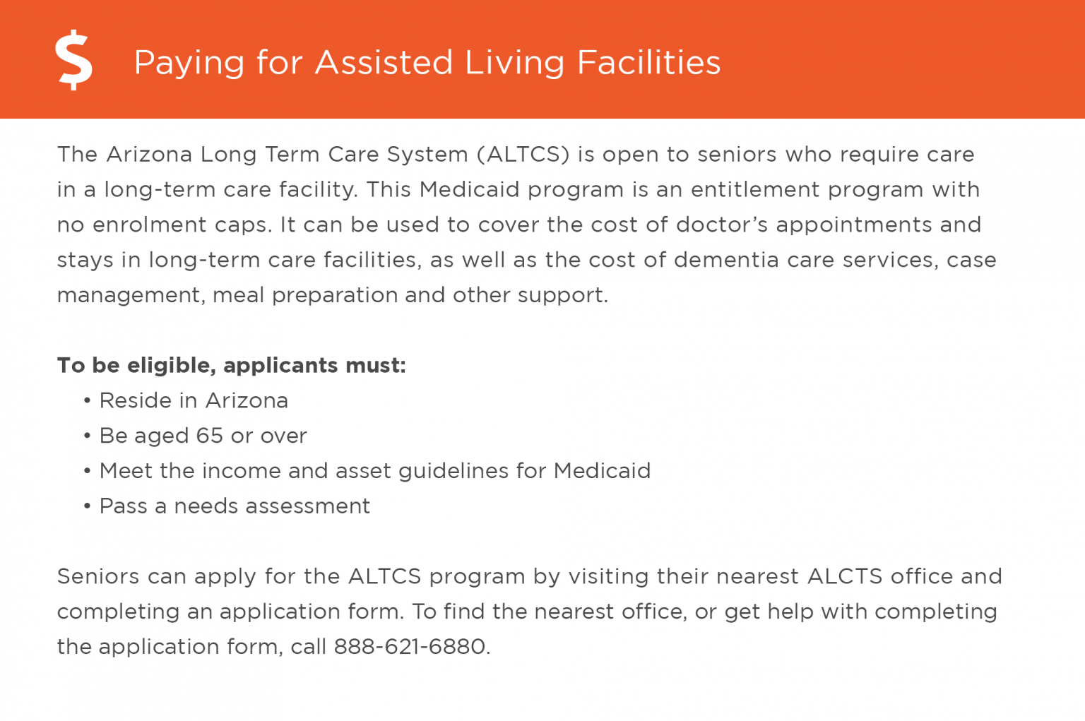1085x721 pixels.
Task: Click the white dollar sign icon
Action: pos(74,61)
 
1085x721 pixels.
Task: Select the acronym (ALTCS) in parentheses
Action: pos(523,155)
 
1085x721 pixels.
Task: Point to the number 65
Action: pos(210,436)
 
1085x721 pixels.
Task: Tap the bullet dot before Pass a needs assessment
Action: pos(87,507)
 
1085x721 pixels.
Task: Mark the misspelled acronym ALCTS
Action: pos(845,576)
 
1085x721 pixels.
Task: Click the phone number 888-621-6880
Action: pos(410,647)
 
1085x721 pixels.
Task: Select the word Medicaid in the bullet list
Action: pos(602,471)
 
